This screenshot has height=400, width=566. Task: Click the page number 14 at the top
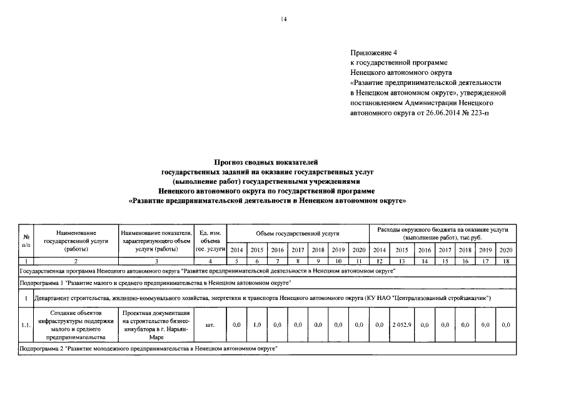[283, 19]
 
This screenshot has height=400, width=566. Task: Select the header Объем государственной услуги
[297, 233]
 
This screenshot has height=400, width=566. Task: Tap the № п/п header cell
[26, 240]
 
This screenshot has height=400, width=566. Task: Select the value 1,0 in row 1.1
[256, 325]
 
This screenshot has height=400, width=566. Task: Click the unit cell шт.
[210, 325]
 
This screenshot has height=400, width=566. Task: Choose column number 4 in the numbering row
[210, 260]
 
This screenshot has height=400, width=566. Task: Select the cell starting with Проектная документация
[156, 325]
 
